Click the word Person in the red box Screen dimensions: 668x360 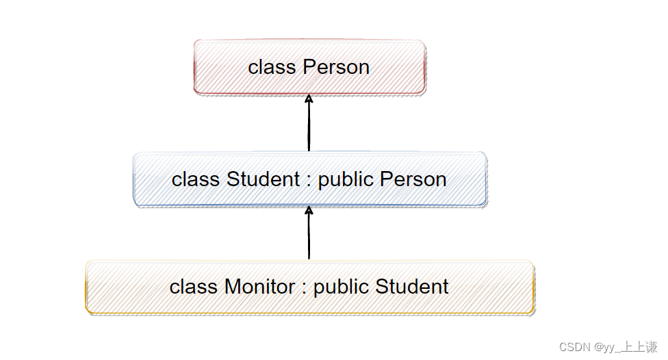pos(336,67)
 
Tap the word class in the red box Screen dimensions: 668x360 pos(272,67)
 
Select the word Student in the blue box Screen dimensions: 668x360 pos(263,179)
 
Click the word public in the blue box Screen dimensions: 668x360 pos(346,179)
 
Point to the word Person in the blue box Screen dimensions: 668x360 pos(413,179)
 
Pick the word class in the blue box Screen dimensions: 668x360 pos(196,179)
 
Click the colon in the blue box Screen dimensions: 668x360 pos(309,181)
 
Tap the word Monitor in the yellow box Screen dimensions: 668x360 pos(260,286)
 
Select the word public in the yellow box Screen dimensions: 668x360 pos(341,287)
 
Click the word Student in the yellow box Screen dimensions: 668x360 pos(412,286)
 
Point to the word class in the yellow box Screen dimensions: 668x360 pos(194,286)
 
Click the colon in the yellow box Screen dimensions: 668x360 pos(304,289)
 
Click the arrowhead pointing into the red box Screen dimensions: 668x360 pos(309,99)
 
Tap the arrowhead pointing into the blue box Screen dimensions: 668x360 pos(309,210)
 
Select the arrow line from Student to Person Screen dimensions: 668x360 pos(309,123)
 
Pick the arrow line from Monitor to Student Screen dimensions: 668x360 pos(309,233)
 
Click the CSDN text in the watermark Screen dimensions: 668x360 pos(575,347)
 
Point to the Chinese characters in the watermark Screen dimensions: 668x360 pos(639,347)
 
